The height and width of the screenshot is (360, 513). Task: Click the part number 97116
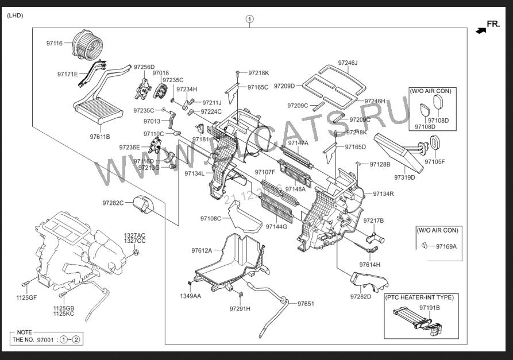55,43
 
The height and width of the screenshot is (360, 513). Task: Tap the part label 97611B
99,137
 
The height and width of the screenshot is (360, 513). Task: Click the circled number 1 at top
249,19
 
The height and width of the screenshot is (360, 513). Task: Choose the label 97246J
348,63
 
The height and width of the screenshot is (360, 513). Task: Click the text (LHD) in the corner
15,16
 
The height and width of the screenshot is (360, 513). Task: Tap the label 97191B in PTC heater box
429,308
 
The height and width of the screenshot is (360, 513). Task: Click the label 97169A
446,247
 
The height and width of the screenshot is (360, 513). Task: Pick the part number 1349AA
190,296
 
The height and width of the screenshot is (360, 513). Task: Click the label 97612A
202,250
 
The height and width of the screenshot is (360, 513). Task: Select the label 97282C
113,203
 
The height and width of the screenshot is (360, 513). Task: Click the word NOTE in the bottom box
24,332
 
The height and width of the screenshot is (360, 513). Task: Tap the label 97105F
435,161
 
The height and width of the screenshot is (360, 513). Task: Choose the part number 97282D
361,296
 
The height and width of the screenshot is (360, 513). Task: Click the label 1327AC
135,235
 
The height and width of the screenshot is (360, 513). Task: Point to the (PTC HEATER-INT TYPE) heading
419,297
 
